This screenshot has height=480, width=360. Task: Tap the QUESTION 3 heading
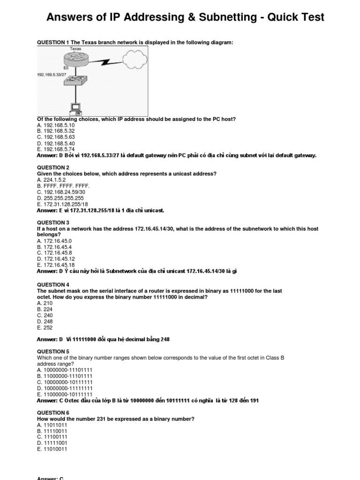pyautogui.click(x=53, y=223)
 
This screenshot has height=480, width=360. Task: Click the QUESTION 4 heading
pyautogui.click(x=53, y=285)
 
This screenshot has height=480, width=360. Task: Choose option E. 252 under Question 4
pyautogui.click(x=45, y=328)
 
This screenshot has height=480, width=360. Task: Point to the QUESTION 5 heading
pyautogui.click(x=53, y=352)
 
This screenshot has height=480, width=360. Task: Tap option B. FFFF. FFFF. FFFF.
pyautogui.click(x=63, y=186)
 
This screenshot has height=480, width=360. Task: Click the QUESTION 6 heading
pyautogui.click(x=53, y=412)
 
